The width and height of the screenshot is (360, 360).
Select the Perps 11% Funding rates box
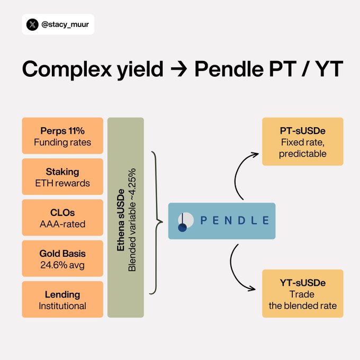pyautogui.click(x=62, y=136)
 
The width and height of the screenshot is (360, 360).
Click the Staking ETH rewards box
pyautogui.click(x=62, y=177)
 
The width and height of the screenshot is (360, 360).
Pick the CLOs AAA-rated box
pyautogui.click(x=62, y=218)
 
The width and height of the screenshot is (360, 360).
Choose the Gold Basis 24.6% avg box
pyautogui.click(x=62, y=258)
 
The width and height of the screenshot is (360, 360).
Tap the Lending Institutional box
pyautogui.click(x=62, y=299)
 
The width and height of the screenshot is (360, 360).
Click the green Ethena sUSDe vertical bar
pyautogui.click(x=125, y=217)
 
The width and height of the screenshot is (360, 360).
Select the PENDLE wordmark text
pyautogui.click(x=235, y=220)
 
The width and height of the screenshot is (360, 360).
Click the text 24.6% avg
pyautogui.click(x=62, y=264)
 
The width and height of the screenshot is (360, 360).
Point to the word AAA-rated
pyautogui.click(x=62, y=224)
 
